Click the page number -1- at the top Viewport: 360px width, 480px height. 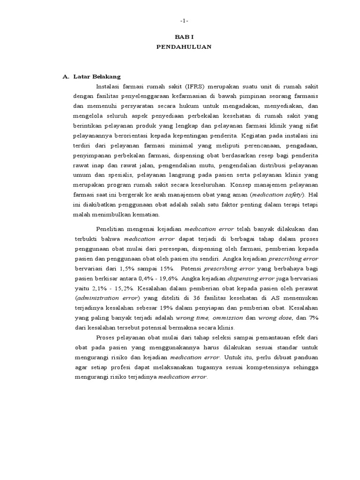point(184,21)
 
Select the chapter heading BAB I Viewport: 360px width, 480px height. point(184,37)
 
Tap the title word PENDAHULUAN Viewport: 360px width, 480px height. point(184,47)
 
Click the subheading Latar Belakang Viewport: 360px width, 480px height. point(97,76)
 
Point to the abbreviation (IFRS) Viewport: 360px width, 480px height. point(184,86)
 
